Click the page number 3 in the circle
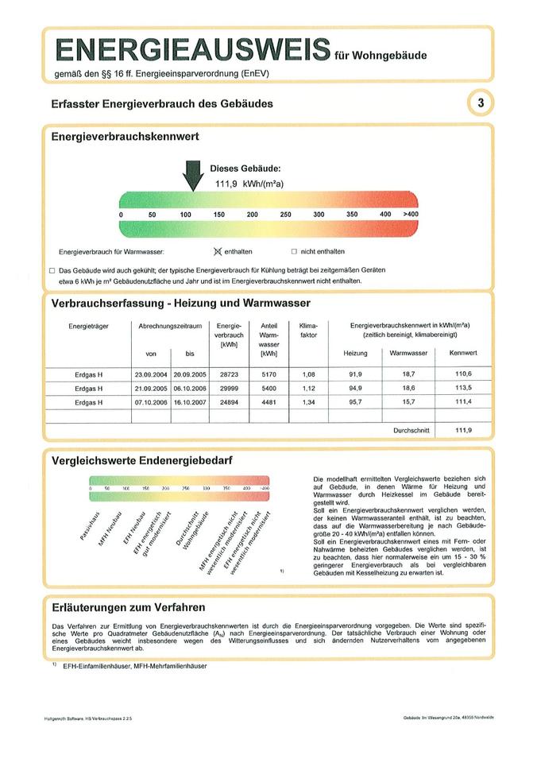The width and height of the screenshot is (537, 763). pos(481,103)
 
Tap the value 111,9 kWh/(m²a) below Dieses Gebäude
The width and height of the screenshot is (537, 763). pos(249,184)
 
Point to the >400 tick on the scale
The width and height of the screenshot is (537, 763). pos(410,215)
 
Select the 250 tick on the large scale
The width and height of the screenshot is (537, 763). pos(285,215)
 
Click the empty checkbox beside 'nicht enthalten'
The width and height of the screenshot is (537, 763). pos(293,251)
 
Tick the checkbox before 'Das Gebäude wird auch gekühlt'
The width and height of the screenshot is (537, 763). pos(52,270)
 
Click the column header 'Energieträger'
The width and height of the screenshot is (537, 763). pos(88,326)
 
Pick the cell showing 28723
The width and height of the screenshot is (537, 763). pos(229,374)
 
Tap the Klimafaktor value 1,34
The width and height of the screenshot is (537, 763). pos(308,401)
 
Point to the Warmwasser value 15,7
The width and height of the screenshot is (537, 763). pos(408,401)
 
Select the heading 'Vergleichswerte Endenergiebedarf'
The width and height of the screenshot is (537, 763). pos(142,460)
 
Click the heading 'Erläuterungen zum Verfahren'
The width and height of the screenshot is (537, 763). pos(128,607)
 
